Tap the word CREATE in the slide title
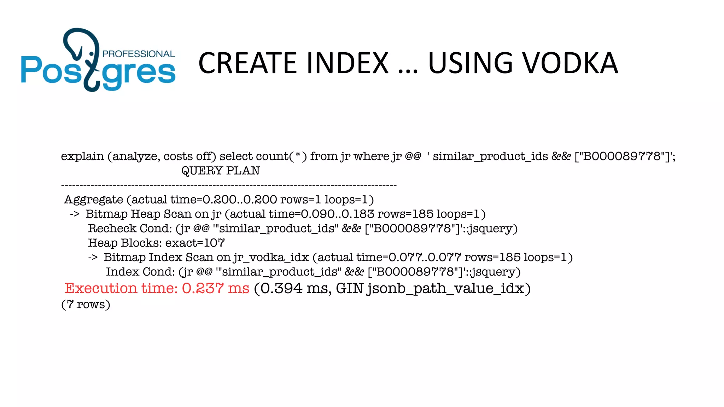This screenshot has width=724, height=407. (x=248, y=63)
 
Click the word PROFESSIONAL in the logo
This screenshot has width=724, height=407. (x=139, y=54)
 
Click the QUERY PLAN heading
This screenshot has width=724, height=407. (x=221, y=171)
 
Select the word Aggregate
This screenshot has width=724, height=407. (x=94, y=200)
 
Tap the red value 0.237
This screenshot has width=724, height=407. (x=203, y=288)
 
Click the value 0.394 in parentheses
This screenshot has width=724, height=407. (x=281, y=288)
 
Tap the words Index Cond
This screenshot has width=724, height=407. (x=140, y=272)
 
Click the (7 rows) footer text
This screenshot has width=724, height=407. (x=86, y=304)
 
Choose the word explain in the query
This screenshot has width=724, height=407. (x=82, y=157)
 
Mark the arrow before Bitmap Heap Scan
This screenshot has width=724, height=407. (x=75, y=214)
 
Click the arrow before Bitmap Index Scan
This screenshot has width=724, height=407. (x=93, y=258)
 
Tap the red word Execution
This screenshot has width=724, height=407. (x=101, y=288)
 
